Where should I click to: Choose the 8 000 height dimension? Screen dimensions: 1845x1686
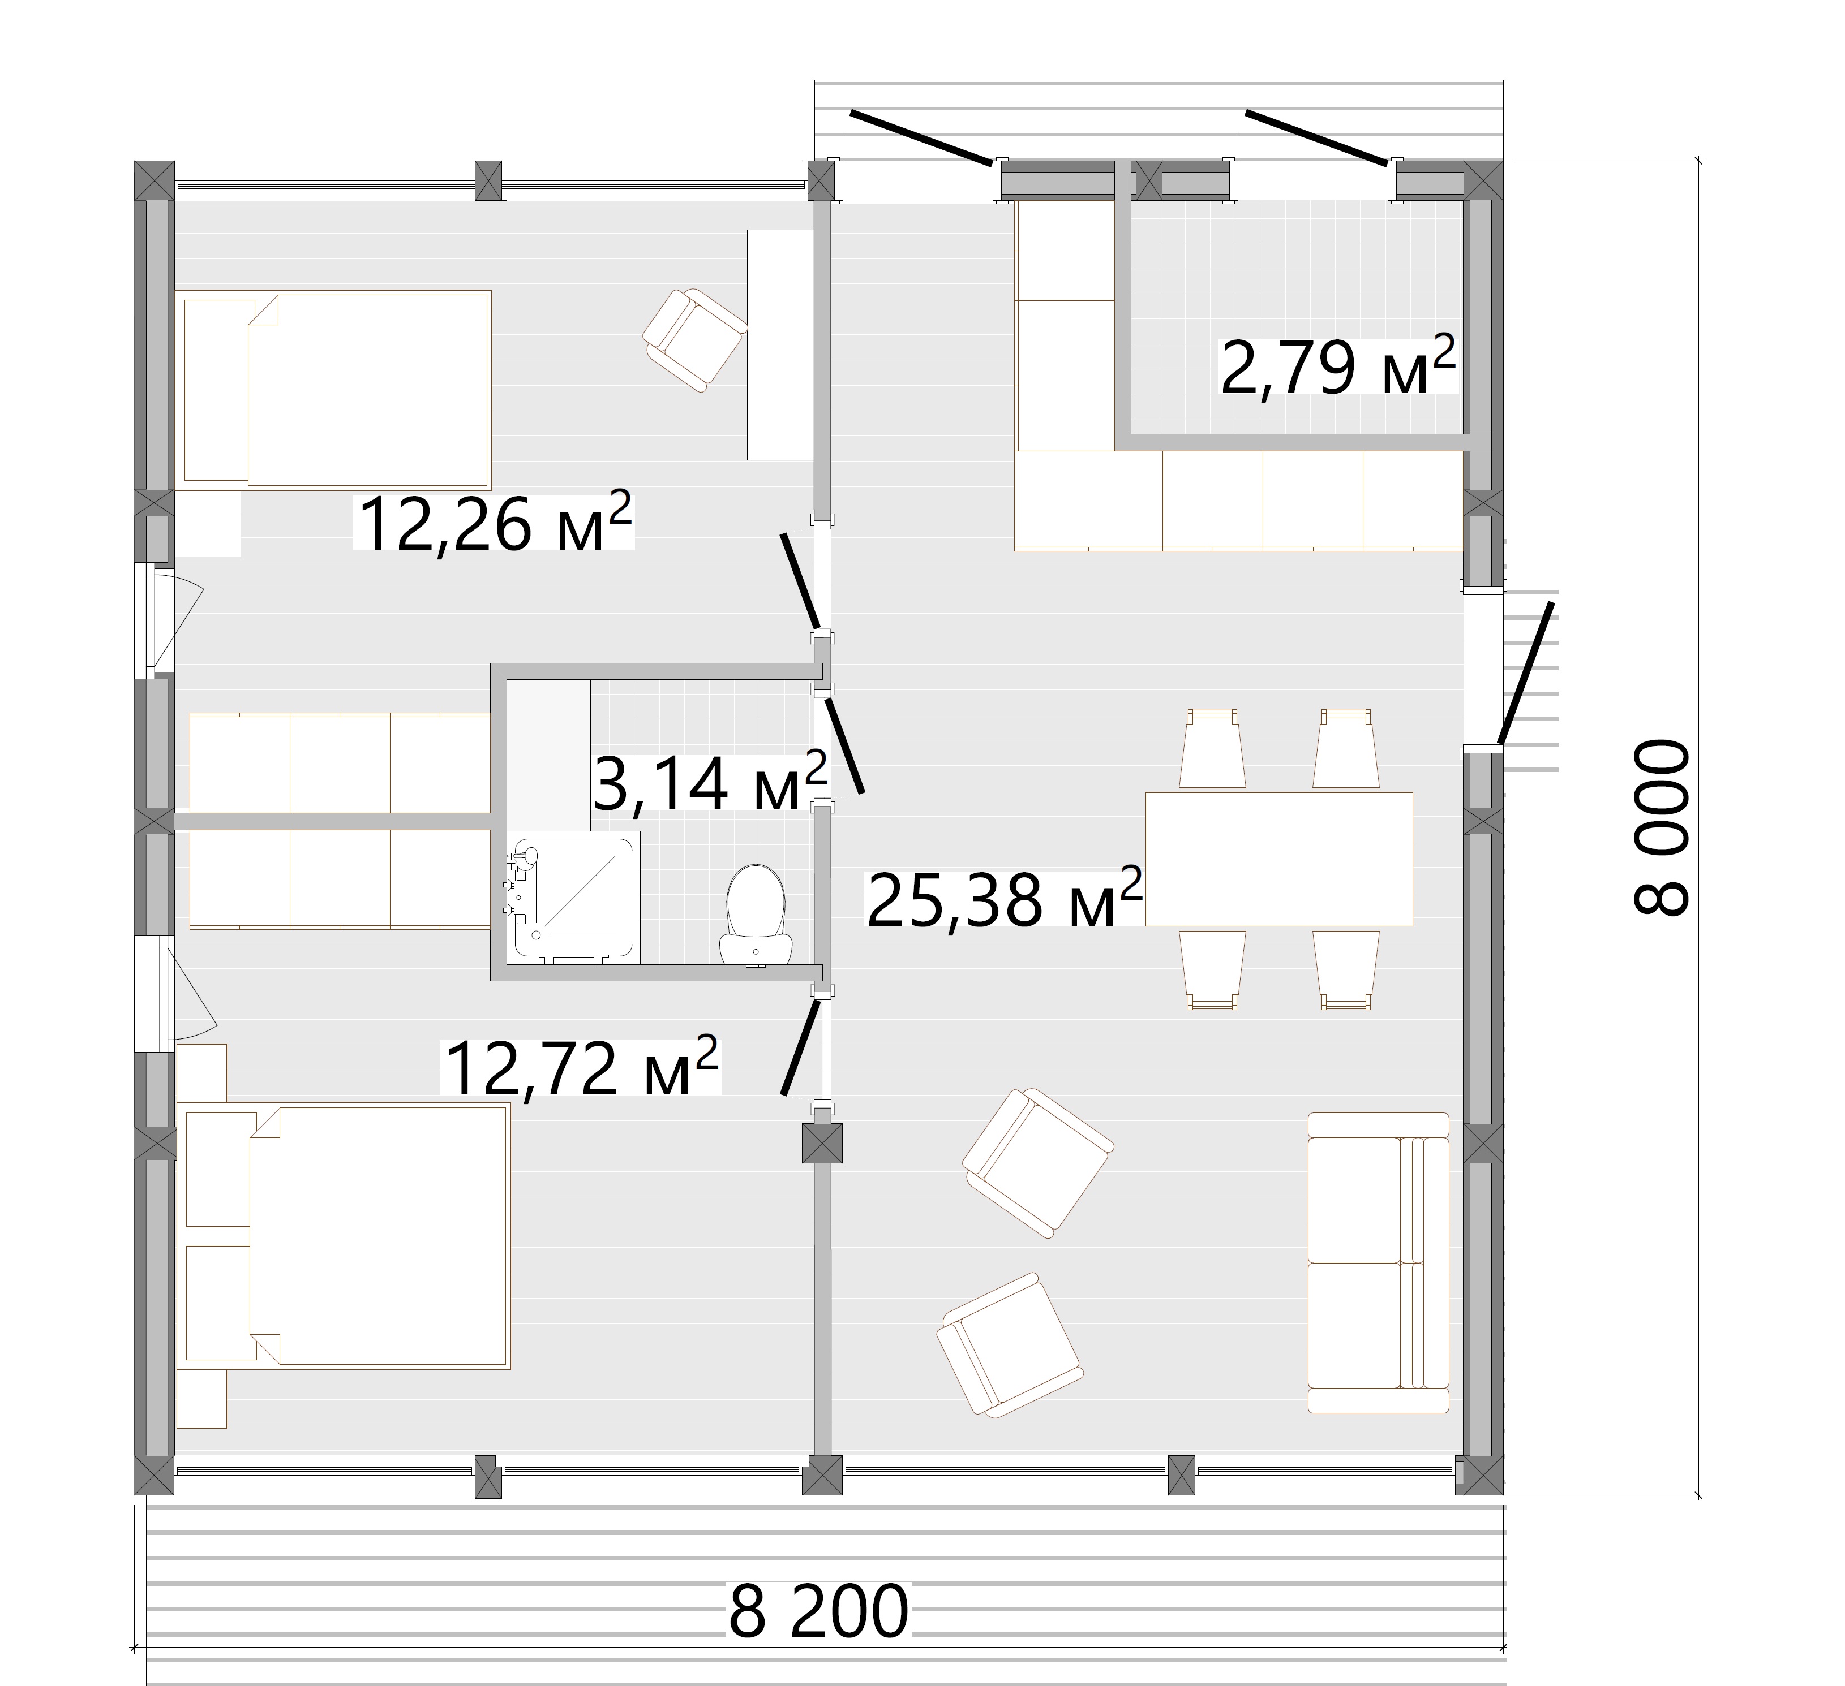click(x=1660, y=828)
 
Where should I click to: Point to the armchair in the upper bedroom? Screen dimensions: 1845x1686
click(x=694, y=340)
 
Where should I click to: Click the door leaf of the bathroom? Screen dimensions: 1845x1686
click(x=843, y=742)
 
